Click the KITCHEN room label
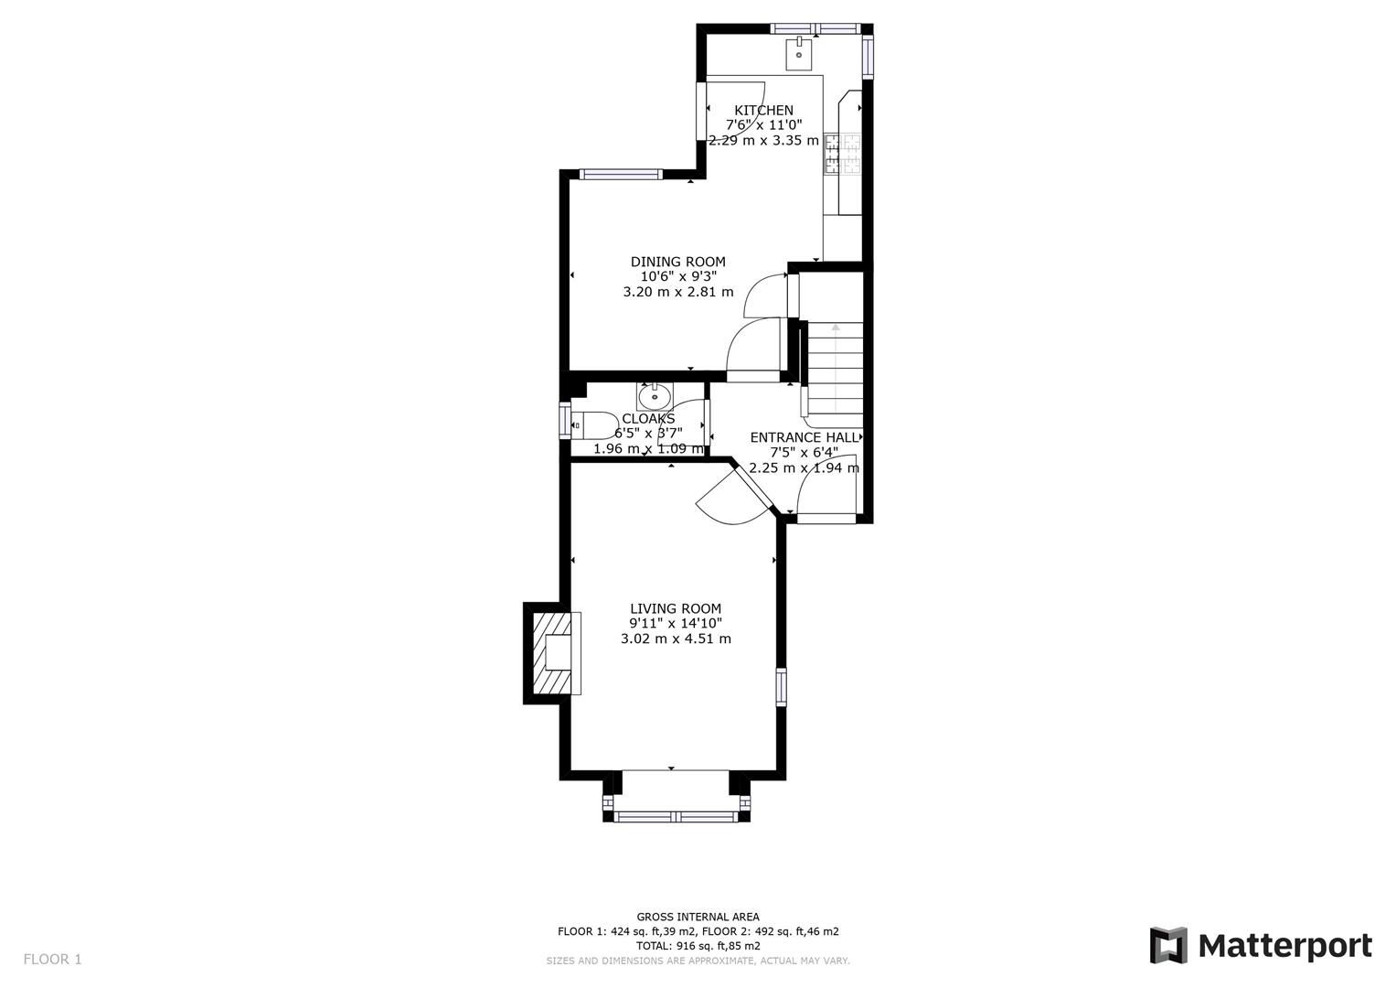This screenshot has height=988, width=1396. tap(763, 110)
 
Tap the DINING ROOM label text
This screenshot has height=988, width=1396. tap(677, 262)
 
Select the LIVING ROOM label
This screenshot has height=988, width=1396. tap(675, 608)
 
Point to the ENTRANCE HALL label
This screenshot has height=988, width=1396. tap(804, 437)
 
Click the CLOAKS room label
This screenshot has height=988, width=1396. tap(648, 418)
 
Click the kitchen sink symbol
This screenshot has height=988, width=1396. tap(799, 54)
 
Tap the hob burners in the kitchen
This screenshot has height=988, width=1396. tap(843, 154)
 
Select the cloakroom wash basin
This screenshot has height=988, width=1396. tap(655, 397)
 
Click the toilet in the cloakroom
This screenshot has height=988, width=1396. tap(593, 425)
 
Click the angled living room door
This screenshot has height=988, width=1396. tap(736, 499)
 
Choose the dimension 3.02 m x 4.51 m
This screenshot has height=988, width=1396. tap(675, 639)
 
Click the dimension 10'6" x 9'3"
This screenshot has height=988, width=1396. tap(677, 276)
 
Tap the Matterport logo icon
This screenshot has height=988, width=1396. tap(1167, 945)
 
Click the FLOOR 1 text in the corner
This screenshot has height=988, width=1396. tap(52, 959)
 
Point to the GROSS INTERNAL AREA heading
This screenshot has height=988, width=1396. tap(698, 917)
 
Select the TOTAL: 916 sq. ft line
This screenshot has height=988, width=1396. tap(698, 946)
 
